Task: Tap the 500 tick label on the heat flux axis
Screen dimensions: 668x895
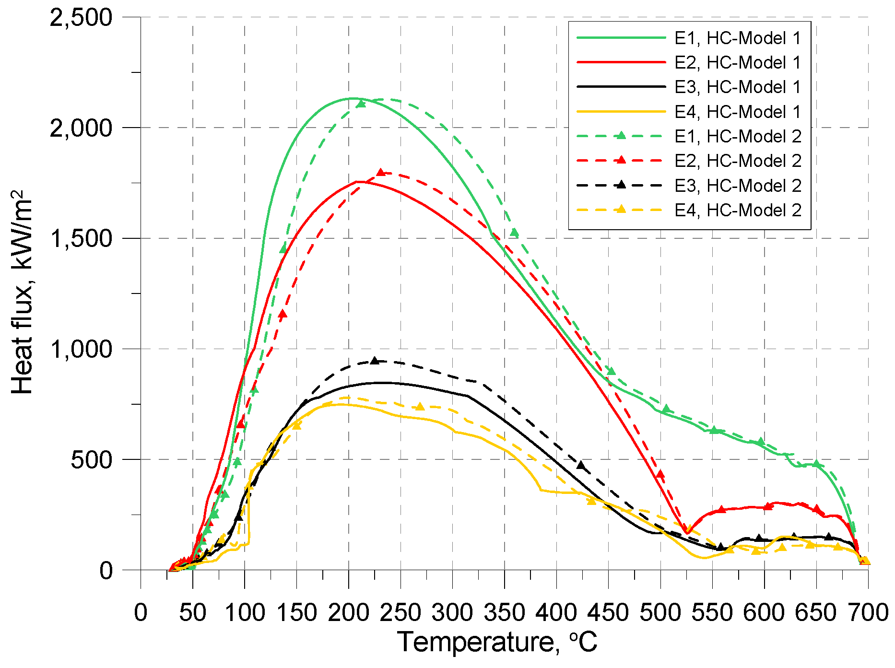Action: [x=91, y=459]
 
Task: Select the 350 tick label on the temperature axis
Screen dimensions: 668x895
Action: [x=504, y=612]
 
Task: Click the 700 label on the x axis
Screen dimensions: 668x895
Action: [x=868, y=612]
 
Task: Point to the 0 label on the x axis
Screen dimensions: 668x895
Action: [x=141, y=612]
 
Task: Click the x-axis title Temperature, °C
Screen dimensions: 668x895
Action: [x=497, y=642]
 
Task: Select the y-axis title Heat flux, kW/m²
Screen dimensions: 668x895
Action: [x=22, y=293]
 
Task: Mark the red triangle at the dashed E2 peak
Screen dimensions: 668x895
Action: [x=381, y=172]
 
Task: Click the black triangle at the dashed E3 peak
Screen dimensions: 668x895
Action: [x=375, y=361]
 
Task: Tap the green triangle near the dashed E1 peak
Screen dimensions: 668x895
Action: [x=361, y=104]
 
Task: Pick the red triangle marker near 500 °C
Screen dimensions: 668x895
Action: [x=660, y=474]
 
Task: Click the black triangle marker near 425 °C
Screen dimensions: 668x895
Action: [x=581, y=465]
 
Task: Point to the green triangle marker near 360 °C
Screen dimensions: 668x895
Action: [x=514, y=233]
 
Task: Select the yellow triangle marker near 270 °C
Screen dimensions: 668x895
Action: [x=420, y=407]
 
